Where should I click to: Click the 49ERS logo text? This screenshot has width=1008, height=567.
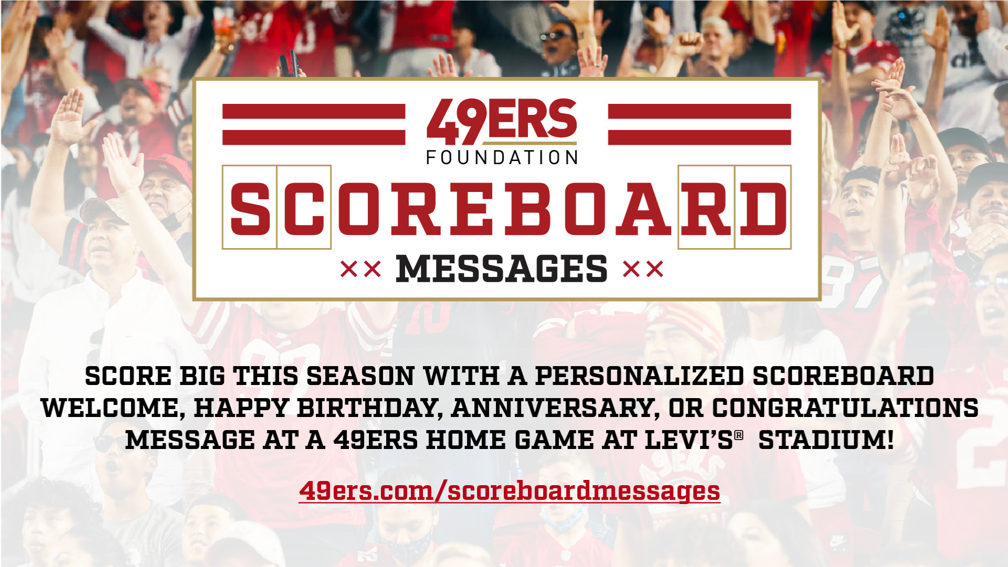pos(502,122)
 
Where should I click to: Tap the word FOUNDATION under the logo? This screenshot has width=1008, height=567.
pos(502,157)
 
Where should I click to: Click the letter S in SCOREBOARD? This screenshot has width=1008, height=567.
pos(250,209)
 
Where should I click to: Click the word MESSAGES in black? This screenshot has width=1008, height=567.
pos(502,269)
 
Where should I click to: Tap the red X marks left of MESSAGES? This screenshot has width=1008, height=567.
pos(360,270)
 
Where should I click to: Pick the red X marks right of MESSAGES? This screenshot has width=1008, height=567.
pos(643,270)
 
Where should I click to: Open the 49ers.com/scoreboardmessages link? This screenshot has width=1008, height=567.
pos(510,491)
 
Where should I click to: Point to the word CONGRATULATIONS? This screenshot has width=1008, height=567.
pos(845,408)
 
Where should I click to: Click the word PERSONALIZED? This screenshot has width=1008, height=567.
pos(639,376)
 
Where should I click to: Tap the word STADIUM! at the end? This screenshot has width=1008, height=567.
pos(826,440)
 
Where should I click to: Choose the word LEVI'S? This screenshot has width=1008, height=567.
pos(689,440)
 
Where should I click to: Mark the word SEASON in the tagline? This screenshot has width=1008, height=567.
pos(360,376)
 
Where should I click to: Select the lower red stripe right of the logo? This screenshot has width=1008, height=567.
pos(699,137)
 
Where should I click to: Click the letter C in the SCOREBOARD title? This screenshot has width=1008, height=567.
pos(304,209)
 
